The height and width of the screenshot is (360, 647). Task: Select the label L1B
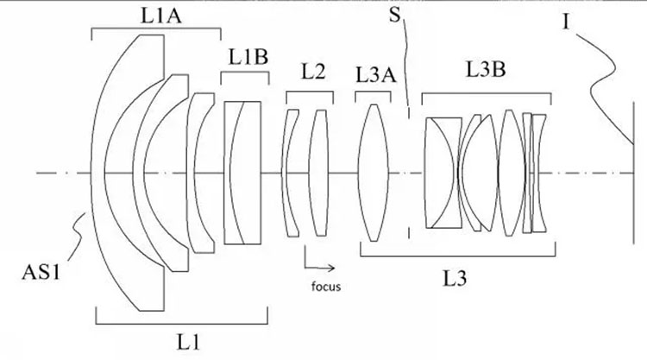click(248, 57)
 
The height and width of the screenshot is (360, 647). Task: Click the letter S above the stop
click(395, 17)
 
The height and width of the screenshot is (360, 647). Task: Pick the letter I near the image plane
click(566, 20)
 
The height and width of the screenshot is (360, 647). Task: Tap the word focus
click(326, 285)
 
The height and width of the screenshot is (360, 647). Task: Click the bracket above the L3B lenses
click(484, 91)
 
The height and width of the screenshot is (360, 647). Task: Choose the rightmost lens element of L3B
click(540, 173)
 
